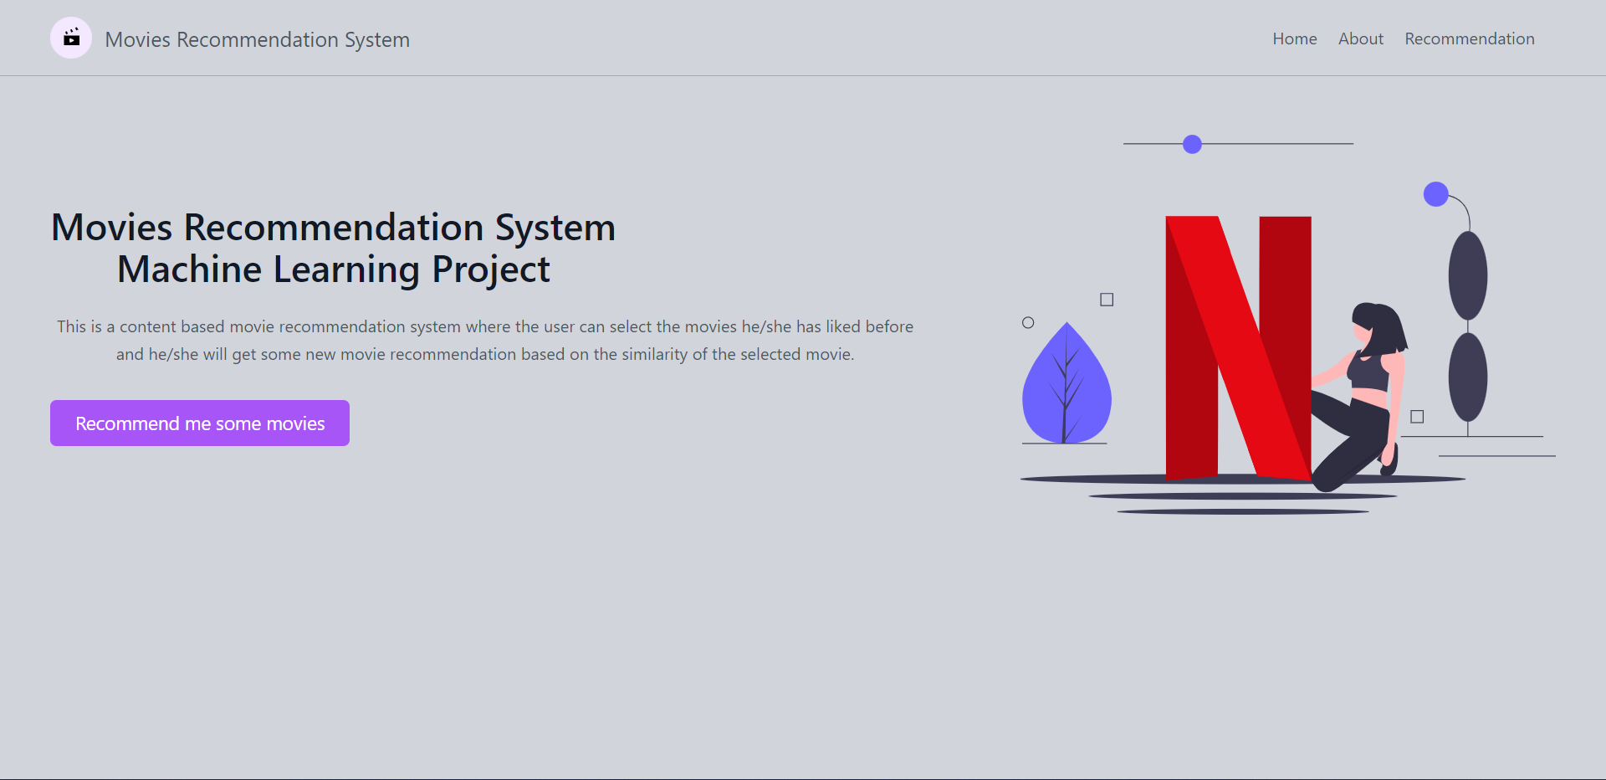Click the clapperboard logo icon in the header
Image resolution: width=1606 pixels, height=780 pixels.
(71, 38)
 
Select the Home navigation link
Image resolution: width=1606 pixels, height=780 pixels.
(1295, 38)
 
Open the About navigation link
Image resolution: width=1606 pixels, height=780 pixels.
(1361, 38)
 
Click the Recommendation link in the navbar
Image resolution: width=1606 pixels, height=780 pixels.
(1470, 38)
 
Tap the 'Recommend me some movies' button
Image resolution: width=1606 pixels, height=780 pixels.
(200, 423)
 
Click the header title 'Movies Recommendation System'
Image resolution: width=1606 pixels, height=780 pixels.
(257, 39)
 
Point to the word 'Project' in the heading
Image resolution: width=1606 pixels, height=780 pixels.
(491, 270)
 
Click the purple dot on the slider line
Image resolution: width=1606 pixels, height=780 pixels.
(1192, 144)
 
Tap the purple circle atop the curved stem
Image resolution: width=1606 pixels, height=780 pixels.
(1436, 194)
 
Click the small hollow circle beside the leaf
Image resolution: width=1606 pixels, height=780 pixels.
(1028, 322)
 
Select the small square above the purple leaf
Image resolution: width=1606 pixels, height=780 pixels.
(1107, 300)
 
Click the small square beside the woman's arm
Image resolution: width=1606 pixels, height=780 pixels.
(1417, 417)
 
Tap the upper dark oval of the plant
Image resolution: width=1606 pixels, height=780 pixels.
(1468, 275)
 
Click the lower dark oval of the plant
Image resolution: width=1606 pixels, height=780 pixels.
(1468, 377)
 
